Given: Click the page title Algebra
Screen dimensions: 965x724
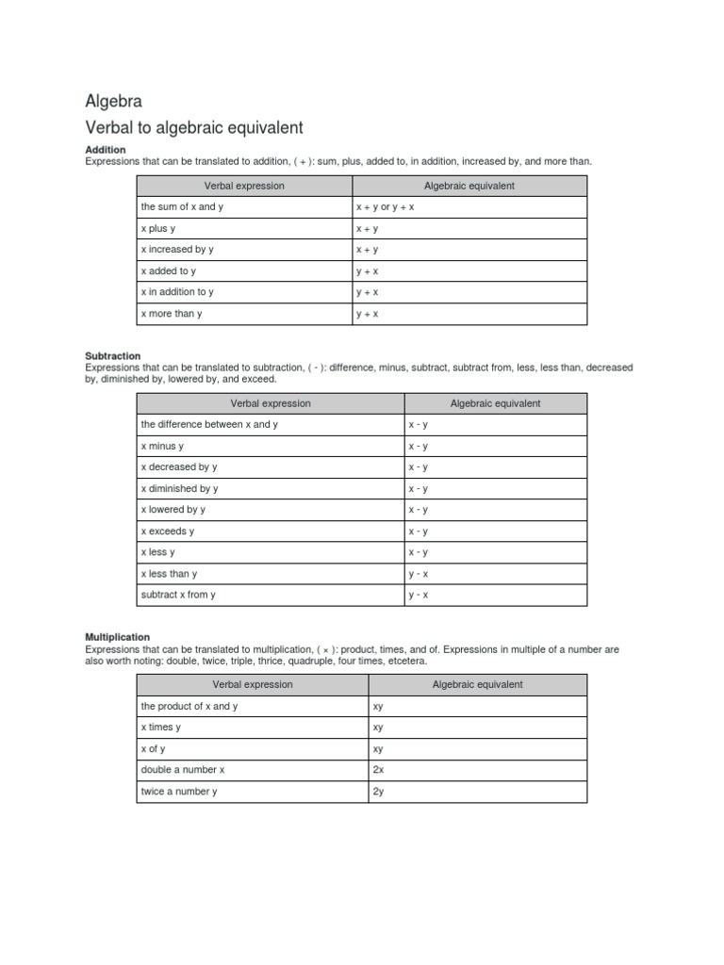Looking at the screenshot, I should click(113, 102).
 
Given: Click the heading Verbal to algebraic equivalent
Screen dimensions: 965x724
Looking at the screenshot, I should click(194, 127).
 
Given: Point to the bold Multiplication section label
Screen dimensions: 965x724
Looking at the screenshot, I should click(117, 637).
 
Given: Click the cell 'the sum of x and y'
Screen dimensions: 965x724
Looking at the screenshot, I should click(178, 206).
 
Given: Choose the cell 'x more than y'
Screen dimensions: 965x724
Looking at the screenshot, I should click(172, 314).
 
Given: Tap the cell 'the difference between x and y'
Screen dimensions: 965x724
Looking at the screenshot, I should click(209, 424).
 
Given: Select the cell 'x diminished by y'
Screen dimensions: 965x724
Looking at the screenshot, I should click(179, 488).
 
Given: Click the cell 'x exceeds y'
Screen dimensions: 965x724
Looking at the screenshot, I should click(168, 532).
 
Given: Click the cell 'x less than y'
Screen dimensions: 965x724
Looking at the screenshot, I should click(169, 574).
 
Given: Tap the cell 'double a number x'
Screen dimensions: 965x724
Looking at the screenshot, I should click(183, 769).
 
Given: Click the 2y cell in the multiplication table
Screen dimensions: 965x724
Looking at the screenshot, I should click(378, 792).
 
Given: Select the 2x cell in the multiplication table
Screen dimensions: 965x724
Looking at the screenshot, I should click(378, 769).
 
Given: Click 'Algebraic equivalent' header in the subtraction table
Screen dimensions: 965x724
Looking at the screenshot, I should click(495, 403).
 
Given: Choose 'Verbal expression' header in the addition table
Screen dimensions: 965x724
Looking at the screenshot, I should click(244, 186).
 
